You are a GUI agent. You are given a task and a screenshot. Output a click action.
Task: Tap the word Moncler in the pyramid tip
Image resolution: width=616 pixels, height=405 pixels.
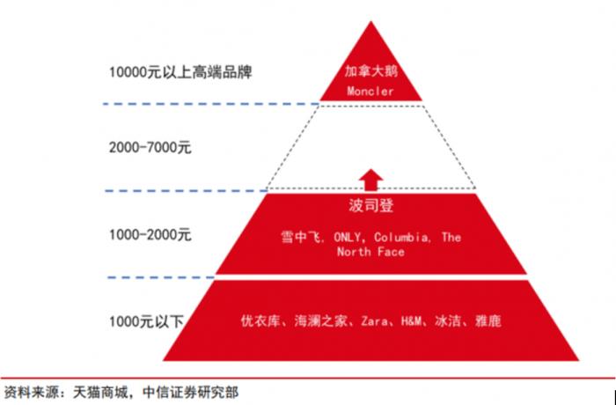click(370, 92)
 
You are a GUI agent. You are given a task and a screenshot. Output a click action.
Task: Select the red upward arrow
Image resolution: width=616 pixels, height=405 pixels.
click(370, 180)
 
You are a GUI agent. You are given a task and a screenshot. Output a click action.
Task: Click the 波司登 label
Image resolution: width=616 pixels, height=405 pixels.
click(370, 206)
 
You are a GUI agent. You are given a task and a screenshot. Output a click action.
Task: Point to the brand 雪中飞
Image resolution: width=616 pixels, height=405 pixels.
click(300, 237)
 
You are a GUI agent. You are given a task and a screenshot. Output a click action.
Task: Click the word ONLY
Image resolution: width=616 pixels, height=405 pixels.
click(347, 237)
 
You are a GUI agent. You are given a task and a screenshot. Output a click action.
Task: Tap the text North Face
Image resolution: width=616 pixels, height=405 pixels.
click(370, 252)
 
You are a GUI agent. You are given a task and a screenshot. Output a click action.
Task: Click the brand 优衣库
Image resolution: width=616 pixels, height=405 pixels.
click(260, 320)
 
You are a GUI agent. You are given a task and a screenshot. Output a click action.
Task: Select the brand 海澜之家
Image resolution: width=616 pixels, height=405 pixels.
click(320, 320)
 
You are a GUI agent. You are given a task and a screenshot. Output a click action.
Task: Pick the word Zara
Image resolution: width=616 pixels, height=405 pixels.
click(374, 321)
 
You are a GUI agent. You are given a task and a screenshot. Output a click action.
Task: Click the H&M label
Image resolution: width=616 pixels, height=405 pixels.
click(411, 321)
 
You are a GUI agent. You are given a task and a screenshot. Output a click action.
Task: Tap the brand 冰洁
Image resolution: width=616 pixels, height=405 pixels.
click(448, 320)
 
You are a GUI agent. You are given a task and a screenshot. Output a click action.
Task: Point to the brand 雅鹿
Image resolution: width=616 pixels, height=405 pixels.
click(488, 320)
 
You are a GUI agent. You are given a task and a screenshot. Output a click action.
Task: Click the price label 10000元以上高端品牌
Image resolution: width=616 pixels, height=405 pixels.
click(180, 72)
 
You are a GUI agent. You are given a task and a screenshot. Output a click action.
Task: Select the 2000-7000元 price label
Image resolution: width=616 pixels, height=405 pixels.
click(150, 148)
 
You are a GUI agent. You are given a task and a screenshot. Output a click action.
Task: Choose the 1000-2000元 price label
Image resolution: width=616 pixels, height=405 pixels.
click(150, 235)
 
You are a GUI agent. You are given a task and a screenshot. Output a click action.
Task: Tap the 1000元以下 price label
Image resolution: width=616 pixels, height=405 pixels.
click(146, 321)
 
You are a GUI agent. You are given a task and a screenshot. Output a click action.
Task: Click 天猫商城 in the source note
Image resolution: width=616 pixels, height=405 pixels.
click(100, 393)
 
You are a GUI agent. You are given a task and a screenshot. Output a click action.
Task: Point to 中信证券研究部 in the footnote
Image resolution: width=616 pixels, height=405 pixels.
click(190, 393)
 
